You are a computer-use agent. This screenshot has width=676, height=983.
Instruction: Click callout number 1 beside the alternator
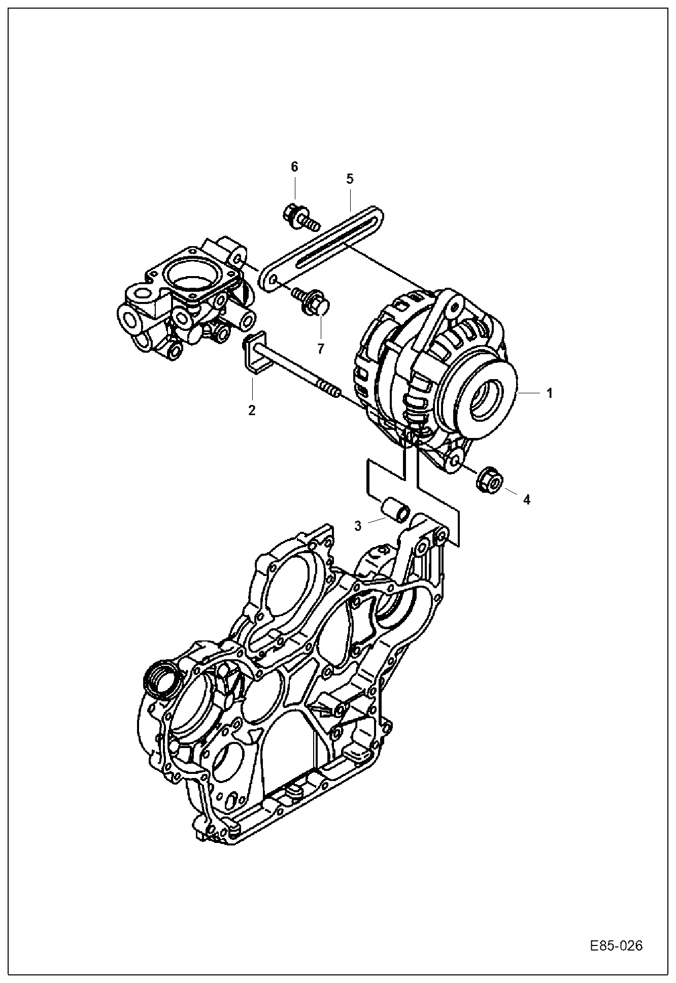549,393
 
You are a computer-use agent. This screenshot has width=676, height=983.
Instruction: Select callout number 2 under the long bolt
252,410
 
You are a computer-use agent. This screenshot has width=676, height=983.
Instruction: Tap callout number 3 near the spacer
358,526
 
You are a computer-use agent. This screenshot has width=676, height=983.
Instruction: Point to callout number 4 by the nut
526,499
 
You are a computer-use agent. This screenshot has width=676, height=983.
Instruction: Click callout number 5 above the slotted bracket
350,179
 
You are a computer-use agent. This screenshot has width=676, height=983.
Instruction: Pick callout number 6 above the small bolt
294,167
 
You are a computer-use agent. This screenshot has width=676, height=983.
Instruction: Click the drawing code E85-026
616,946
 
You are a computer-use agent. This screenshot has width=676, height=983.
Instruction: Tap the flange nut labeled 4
490,479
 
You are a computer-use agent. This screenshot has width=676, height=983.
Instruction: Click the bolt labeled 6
300,216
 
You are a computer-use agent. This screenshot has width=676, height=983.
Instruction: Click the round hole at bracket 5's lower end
273,281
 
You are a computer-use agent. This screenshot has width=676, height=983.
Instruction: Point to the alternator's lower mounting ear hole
455,460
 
